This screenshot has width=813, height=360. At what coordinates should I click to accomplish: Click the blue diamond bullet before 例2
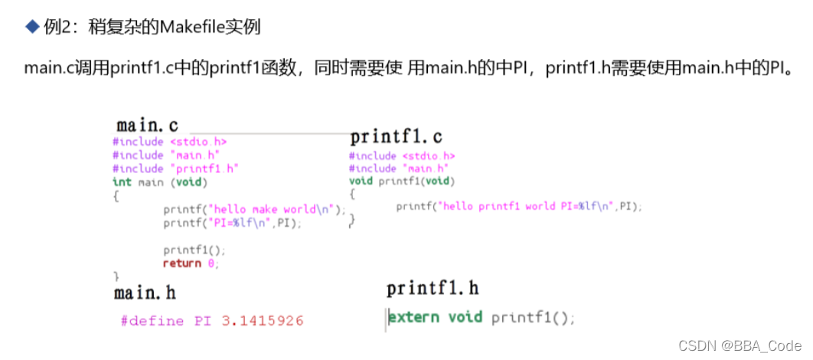tap(31, 27)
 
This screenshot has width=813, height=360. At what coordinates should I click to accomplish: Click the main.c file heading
tap(147, 125)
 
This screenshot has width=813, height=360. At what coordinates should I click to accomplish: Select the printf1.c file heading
tap(396, 138)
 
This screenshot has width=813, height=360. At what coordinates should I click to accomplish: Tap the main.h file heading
tap(145, 293)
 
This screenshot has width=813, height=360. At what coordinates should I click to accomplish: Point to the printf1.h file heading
tap(433, 289)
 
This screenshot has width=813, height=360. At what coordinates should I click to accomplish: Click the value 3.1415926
tap(263, 320)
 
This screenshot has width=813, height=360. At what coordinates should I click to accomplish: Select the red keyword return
tap(181, 263)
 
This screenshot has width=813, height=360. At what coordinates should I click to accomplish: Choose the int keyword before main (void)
tap(122, 182)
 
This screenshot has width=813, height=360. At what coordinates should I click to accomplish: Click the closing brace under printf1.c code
tap(352, 220)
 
